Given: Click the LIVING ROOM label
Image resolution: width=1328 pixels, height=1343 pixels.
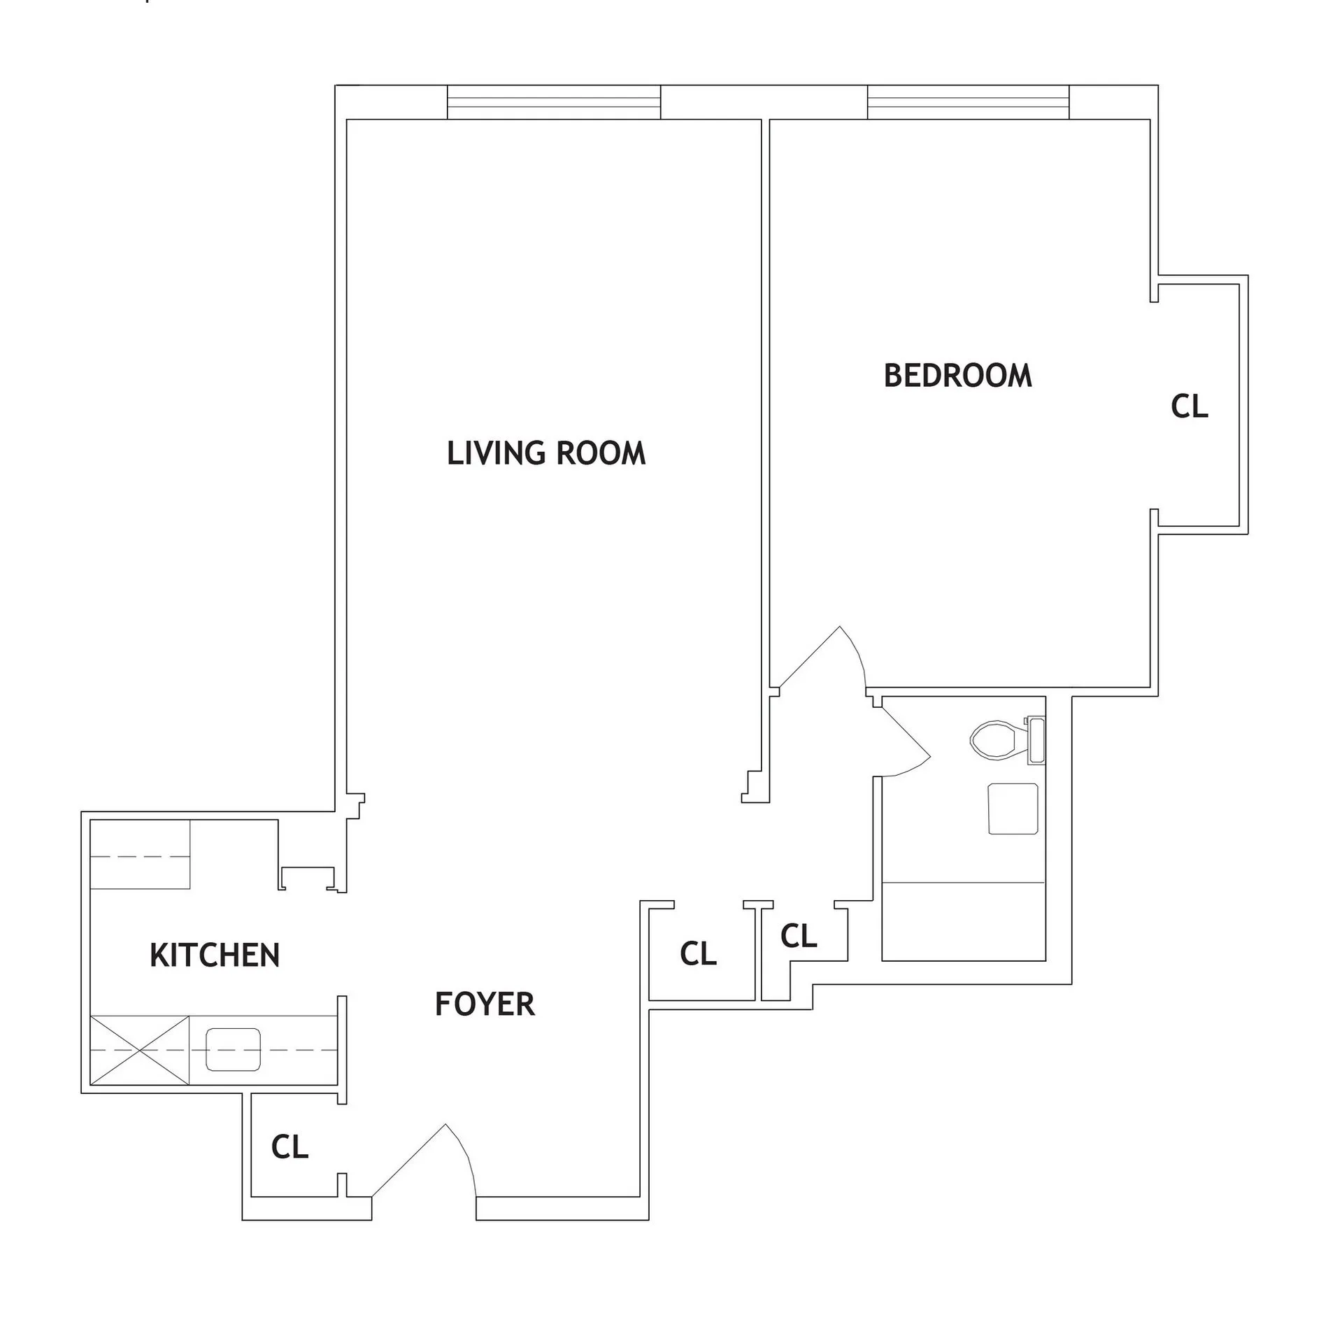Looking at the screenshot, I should pos(546,453).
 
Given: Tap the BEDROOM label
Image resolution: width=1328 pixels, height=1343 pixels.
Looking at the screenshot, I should pos(957,376).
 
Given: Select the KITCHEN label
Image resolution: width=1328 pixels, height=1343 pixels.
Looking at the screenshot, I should pos(215,955).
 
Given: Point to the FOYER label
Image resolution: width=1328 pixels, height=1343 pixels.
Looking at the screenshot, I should pos(485,1004).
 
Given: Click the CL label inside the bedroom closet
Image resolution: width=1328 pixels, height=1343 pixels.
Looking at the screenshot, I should pos(1190,406).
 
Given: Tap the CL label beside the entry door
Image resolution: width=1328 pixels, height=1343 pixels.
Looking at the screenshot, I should pos(290,1146).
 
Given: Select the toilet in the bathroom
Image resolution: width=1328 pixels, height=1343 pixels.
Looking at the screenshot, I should pos(996,739).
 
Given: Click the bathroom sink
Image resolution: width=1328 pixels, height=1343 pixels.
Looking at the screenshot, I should pos(1013,809).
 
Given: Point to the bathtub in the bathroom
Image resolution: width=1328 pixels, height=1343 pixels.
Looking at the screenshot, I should pos(964,921).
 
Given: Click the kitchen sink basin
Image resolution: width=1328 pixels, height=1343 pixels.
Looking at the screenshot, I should pos(233,1049).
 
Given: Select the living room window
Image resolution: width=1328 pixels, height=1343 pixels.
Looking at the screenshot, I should pos(553,103).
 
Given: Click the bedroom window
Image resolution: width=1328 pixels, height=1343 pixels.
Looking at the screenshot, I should pos(968,103).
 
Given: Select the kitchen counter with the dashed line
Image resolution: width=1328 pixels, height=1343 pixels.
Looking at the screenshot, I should pos(140,854).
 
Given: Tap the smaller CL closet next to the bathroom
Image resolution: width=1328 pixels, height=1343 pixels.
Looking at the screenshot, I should pos(799,936).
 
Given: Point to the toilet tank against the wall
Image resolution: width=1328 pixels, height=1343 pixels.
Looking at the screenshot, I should pos(1035,739).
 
